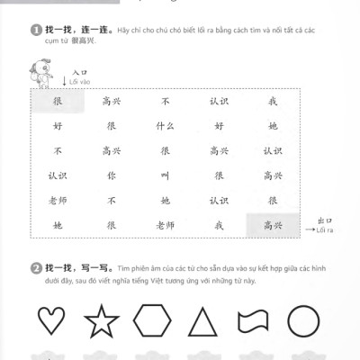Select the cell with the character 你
tap(112, 175)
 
